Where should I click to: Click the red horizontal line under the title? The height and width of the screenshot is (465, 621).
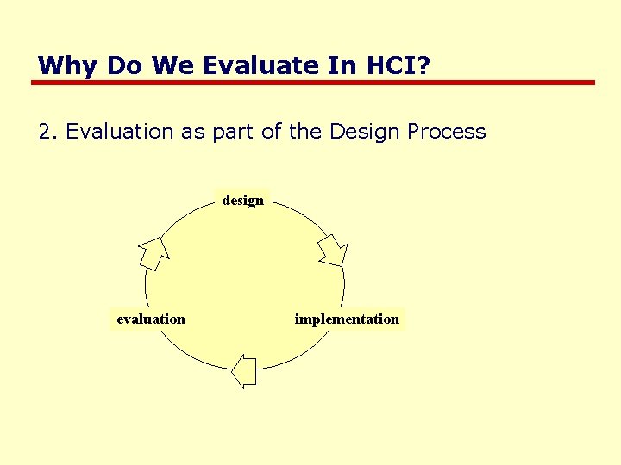coord(313,83)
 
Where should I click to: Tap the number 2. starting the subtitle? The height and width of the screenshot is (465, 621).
coord(48,132)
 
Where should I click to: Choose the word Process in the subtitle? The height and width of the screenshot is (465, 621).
coord(447,132)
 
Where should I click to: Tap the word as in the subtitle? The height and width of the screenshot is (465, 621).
coord(191,133)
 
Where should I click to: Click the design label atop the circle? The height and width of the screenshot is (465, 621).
coord(243,200)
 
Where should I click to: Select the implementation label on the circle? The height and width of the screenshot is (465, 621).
coord(347,319)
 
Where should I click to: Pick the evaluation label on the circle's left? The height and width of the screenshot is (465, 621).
coord(151,319)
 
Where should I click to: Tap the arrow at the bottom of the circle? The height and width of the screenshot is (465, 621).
coord(245,371)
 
